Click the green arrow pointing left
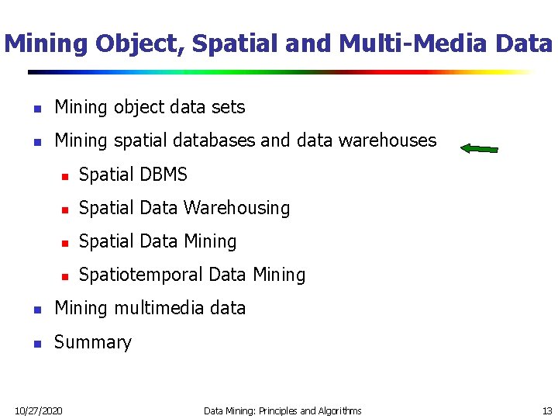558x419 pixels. (x=480, y=148)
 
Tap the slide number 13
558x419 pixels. (x=547, y=410)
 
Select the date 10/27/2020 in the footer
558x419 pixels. (x=40, y=410)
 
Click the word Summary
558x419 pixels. (x=93, y=342)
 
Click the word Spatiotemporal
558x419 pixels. (x=142, y=275)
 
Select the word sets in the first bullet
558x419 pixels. (x=229, y=107)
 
